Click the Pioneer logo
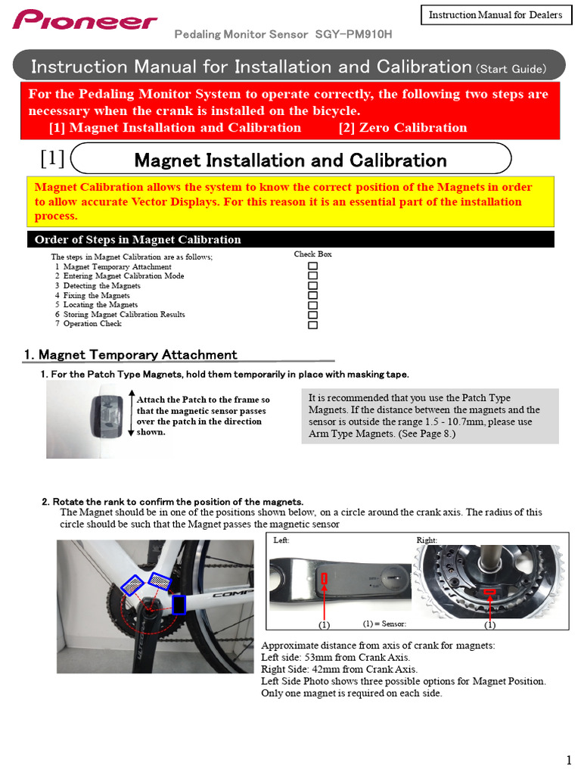[x=85, y=20]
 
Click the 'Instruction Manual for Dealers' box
[x=496, y=15]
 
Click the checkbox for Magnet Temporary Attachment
[x=312, y=267]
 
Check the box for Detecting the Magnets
[x=312, y=286]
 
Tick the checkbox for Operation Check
[x=312, y=324]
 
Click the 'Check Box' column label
[x=312, y=254]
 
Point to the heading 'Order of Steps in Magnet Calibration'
[x=138, y=240]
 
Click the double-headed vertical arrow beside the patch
[x=131, y=414]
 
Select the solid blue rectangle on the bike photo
[x=179, y=604]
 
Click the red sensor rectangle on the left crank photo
[x=325, y=579]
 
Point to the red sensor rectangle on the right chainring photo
[x=489, y=592]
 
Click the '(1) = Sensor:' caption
[x=384, y=624]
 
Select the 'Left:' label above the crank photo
[x=281, y=540]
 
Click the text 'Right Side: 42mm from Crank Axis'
[x=339, y=669]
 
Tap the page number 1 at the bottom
[x=568, y=760]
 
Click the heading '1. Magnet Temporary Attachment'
[x=130, y=355]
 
